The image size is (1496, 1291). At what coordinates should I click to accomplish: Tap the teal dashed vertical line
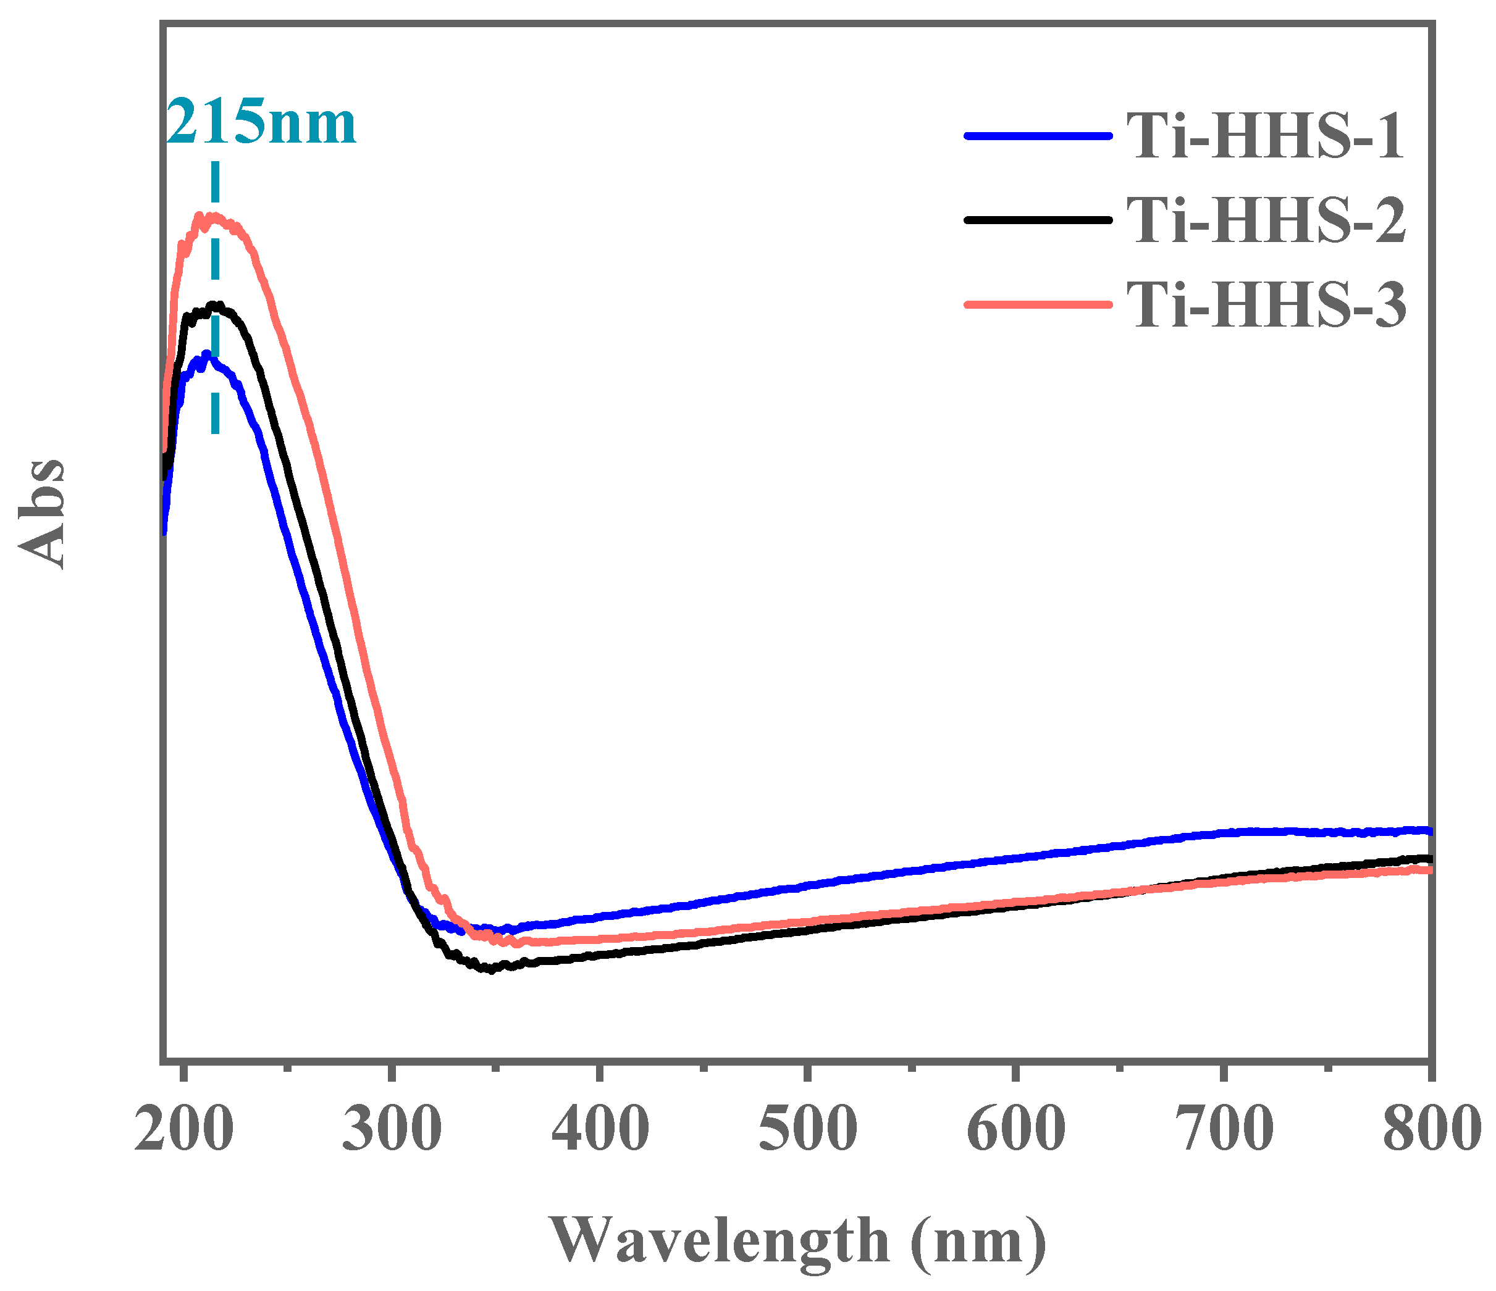214,303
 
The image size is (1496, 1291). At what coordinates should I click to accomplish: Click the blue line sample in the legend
1037,135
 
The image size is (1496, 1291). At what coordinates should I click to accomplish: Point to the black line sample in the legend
1037,219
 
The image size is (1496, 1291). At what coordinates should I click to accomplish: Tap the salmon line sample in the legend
1037,304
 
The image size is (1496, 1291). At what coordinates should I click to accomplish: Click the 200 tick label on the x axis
184,1129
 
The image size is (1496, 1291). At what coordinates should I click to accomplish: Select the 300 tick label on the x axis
392,1129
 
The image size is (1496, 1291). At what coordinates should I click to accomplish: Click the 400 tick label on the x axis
599,1129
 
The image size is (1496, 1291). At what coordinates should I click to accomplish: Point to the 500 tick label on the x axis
807,1129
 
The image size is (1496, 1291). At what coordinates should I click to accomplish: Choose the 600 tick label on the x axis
1015,1129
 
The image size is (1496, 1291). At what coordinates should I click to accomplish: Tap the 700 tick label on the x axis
1223,1129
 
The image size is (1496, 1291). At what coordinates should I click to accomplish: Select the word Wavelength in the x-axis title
719,1239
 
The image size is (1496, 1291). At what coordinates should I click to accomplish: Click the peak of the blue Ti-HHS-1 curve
207,354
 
